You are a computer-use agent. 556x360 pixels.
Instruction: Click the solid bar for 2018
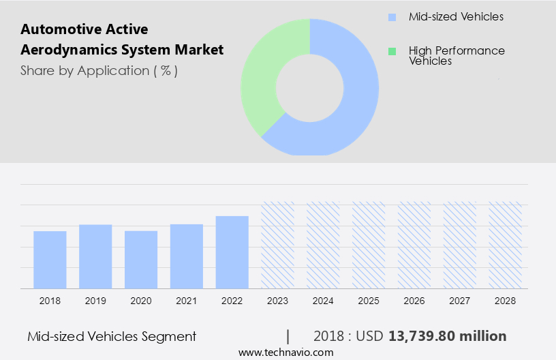(50, 260)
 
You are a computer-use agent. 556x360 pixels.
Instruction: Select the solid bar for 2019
(95, 256)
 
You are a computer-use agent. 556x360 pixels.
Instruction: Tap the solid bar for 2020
(141, 260)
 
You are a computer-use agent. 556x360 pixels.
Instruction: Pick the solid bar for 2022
(232, 252)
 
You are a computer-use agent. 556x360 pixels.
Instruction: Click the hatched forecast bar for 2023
(278, 245)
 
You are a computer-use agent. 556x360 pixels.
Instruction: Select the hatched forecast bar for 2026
(414, 245)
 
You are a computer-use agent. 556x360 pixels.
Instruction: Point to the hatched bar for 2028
(506, 245)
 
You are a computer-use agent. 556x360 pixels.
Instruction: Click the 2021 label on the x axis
(187, 300)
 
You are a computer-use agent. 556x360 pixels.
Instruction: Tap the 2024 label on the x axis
(323, 300)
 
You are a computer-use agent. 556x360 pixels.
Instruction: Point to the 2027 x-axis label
(460, 300)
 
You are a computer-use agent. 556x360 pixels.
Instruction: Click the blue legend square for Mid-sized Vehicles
(391, 17)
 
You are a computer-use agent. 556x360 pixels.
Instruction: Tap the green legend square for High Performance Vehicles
(391, 51)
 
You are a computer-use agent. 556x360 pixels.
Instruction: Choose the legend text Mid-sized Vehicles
(456, 16)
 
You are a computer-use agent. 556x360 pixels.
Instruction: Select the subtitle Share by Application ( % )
(99, 70)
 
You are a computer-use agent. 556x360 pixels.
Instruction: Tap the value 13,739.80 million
(447, 336)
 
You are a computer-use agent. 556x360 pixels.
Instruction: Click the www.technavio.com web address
(285, 352)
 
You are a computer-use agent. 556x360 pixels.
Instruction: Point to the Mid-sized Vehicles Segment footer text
(112, 336)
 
